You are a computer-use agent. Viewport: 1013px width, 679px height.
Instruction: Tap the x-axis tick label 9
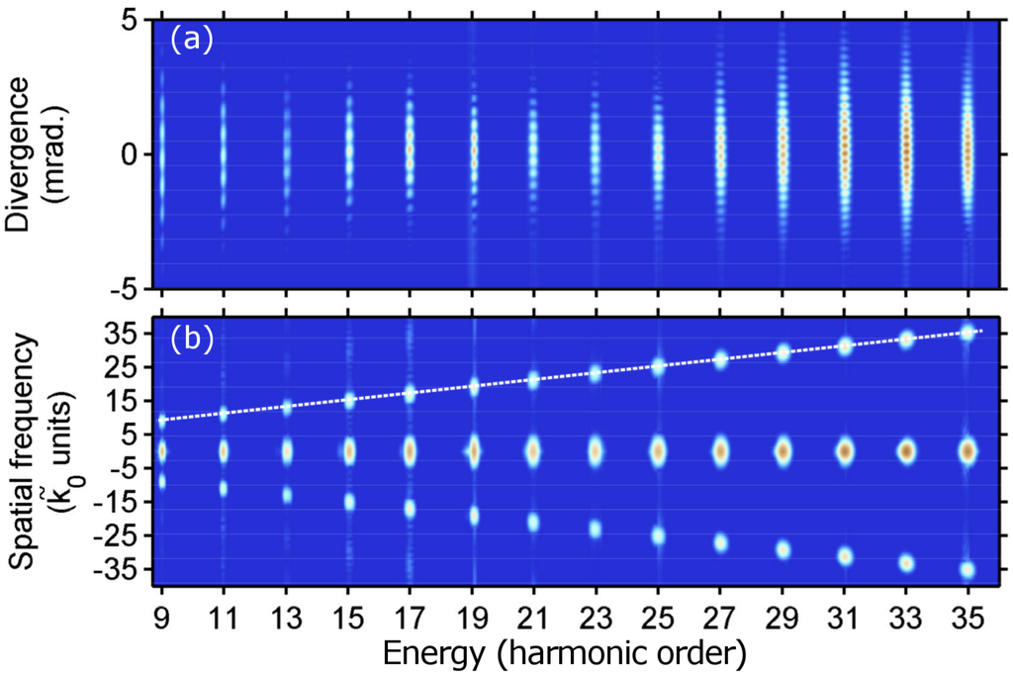[162, 621]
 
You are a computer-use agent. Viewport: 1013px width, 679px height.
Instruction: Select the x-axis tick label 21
[533, 621]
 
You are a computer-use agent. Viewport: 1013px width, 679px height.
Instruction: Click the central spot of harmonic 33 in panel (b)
[905, 450]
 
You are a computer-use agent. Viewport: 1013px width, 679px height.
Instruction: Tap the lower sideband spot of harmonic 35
[967, 569]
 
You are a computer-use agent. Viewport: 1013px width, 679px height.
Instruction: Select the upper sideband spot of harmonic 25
[658, 366]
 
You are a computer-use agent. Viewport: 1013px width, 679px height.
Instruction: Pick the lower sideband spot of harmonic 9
[162, 481]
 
